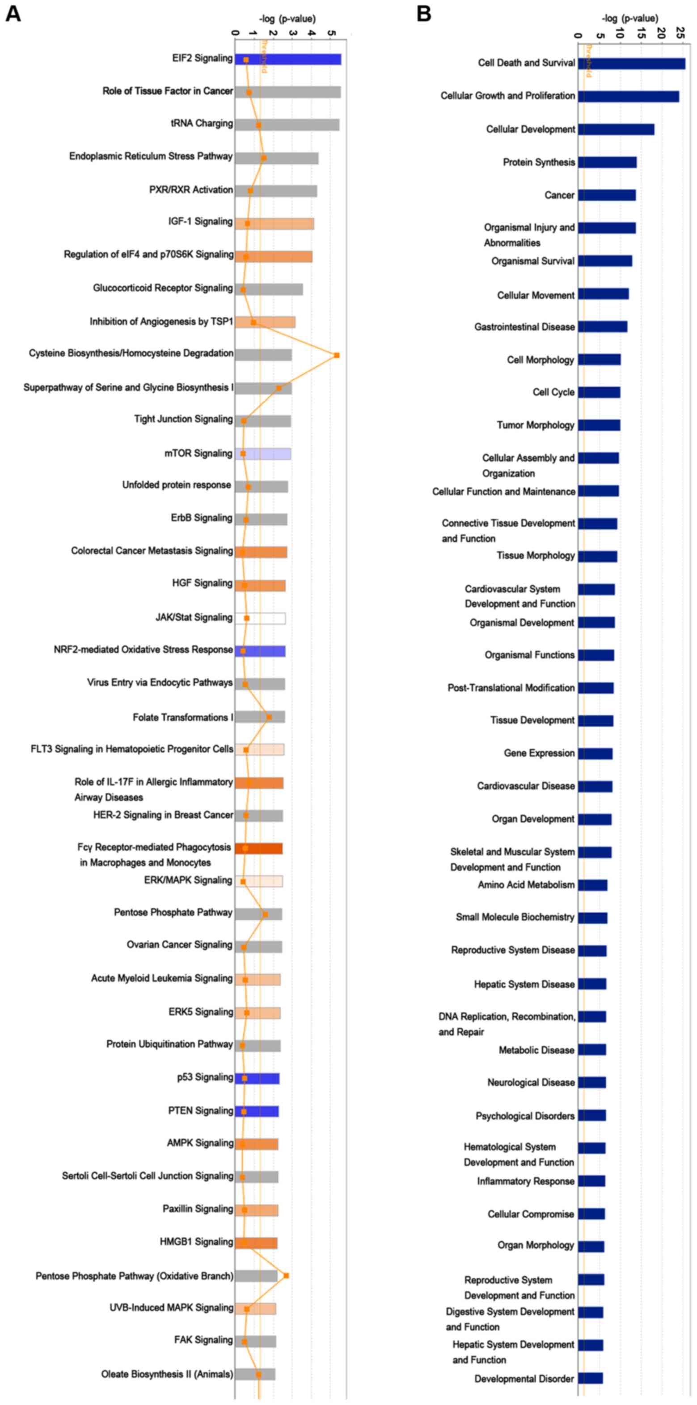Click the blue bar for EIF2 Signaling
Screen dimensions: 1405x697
288,59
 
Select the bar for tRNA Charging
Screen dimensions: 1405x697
287,125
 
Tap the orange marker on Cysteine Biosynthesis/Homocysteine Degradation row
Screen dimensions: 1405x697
336,355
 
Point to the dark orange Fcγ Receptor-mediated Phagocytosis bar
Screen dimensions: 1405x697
259,848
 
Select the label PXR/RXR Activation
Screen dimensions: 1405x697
191,190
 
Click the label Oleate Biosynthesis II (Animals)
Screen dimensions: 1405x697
167,1374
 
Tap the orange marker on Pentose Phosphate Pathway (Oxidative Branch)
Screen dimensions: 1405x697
286,1276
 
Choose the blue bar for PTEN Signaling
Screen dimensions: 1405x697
257,1111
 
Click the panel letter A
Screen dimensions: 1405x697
13,13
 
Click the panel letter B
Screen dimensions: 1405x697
423,13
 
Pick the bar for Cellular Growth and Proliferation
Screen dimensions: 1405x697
628,97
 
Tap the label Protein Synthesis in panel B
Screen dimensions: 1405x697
538,162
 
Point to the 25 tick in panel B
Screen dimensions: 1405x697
680,34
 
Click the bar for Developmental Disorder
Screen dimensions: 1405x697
590,1378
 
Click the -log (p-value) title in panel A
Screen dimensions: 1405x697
287,18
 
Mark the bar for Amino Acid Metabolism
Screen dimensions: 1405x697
592,885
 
